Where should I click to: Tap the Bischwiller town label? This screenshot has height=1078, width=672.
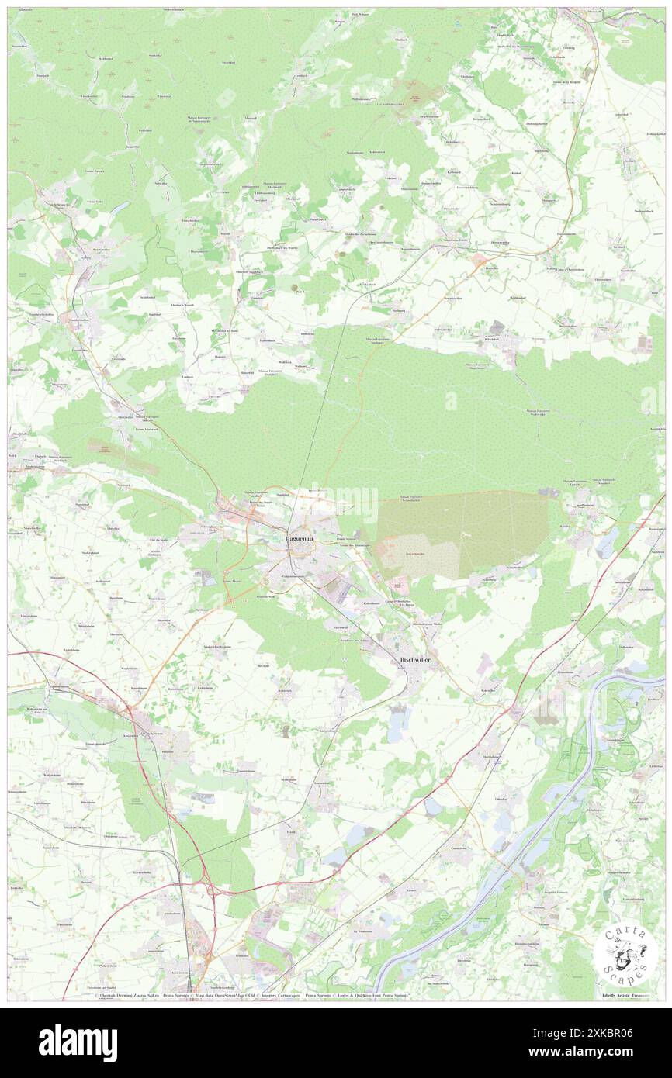[x=408, y=658]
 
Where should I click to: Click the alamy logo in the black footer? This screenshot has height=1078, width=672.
[x=78, y=1043]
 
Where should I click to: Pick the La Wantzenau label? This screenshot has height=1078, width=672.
[x=363, y=931]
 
